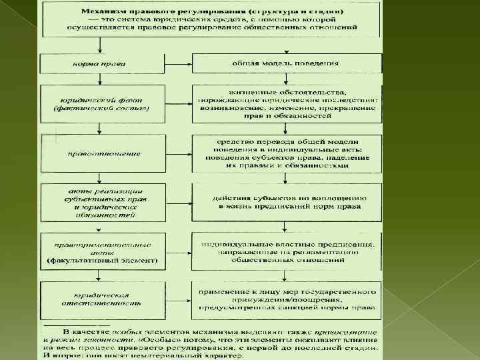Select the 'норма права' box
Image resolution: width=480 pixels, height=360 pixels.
coord(99,64)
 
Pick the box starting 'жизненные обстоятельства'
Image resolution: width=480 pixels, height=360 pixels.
coord(287,103)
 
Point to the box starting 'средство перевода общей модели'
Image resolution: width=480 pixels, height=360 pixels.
coord(287,154)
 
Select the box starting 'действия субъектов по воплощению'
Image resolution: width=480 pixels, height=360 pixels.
coord(287,203)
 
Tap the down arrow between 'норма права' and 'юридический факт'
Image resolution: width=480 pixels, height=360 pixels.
coord(99,79)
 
